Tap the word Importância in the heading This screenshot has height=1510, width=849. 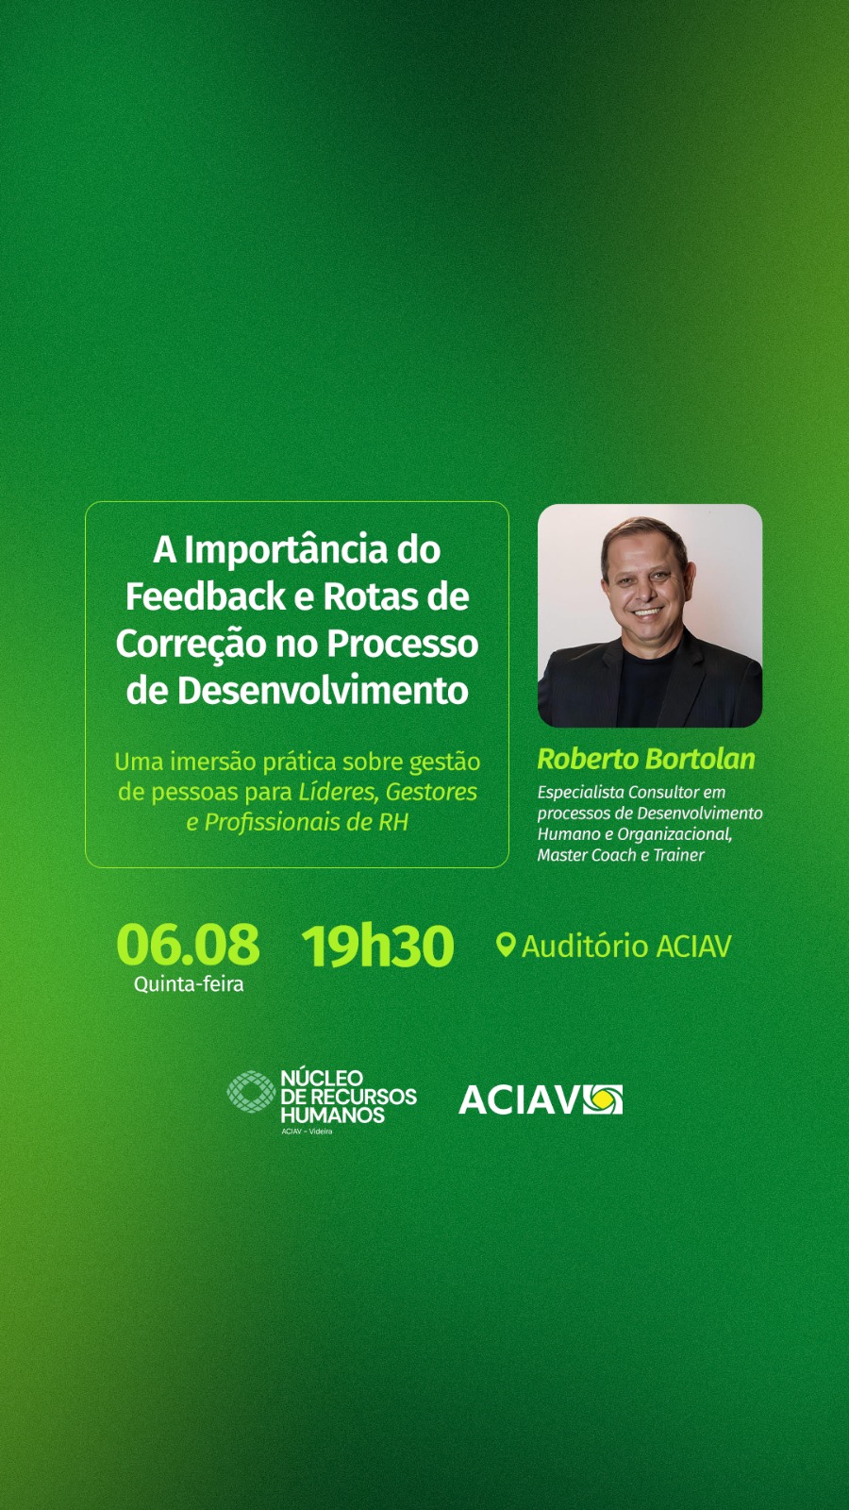(285, 551)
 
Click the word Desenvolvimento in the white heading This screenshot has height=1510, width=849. (322, 690)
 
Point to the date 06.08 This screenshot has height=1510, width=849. (188, 945)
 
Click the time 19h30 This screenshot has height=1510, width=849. (377, 945)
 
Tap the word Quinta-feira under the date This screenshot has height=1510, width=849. (189, 984)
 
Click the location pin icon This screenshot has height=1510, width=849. (506, 945)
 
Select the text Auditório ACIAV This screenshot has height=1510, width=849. (626, 946)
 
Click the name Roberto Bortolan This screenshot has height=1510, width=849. (646, 759)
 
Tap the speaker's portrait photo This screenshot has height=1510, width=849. (650, 615)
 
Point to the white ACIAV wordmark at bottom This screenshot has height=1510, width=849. (519, 1100)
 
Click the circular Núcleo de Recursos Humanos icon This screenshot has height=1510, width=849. (251, 1091)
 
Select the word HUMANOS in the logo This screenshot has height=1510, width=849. (332, 1115)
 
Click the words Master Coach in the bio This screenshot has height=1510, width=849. (587, 855)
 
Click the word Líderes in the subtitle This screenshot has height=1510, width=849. (340, 792)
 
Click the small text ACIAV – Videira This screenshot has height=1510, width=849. (308, 1132)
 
